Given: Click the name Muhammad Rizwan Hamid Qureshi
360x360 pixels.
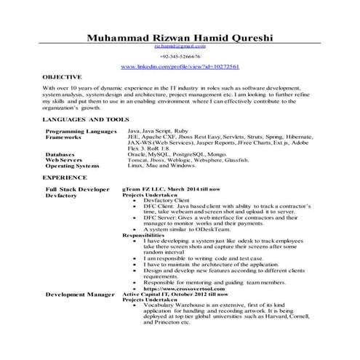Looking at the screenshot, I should [x=180, y=38].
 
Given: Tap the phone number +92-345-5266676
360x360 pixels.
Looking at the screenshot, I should [x=180, y=56].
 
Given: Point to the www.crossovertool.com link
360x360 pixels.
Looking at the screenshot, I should [x=179, y=288].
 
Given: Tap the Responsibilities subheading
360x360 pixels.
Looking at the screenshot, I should [x=144, y=236].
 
